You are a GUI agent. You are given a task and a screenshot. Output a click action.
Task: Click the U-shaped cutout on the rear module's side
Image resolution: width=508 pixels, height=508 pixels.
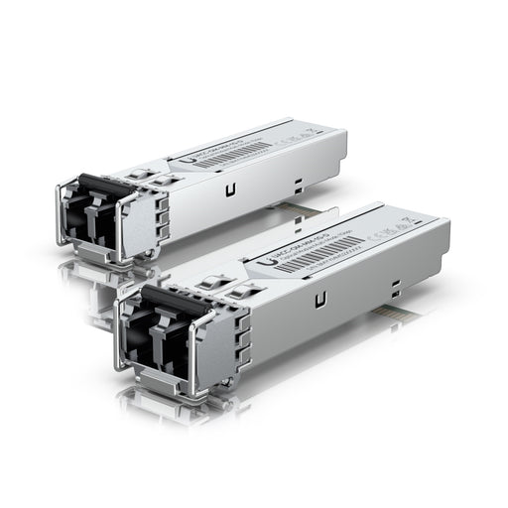(x=231, y=189)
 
